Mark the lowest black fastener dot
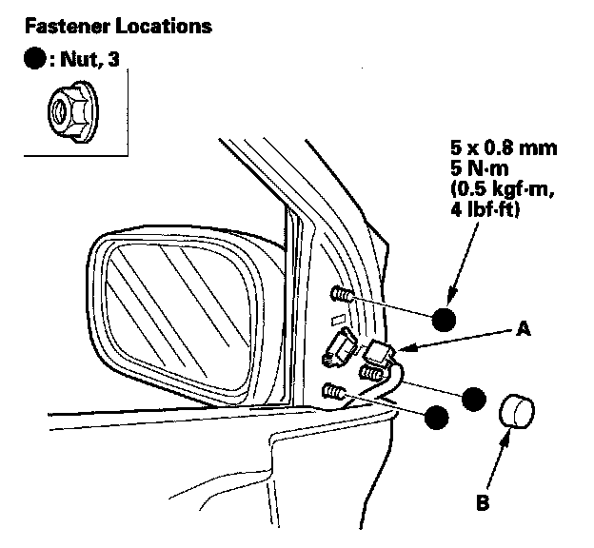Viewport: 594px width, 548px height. click(437, 416)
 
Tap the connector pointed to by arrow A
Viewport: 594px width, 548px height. click(380, 354)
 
